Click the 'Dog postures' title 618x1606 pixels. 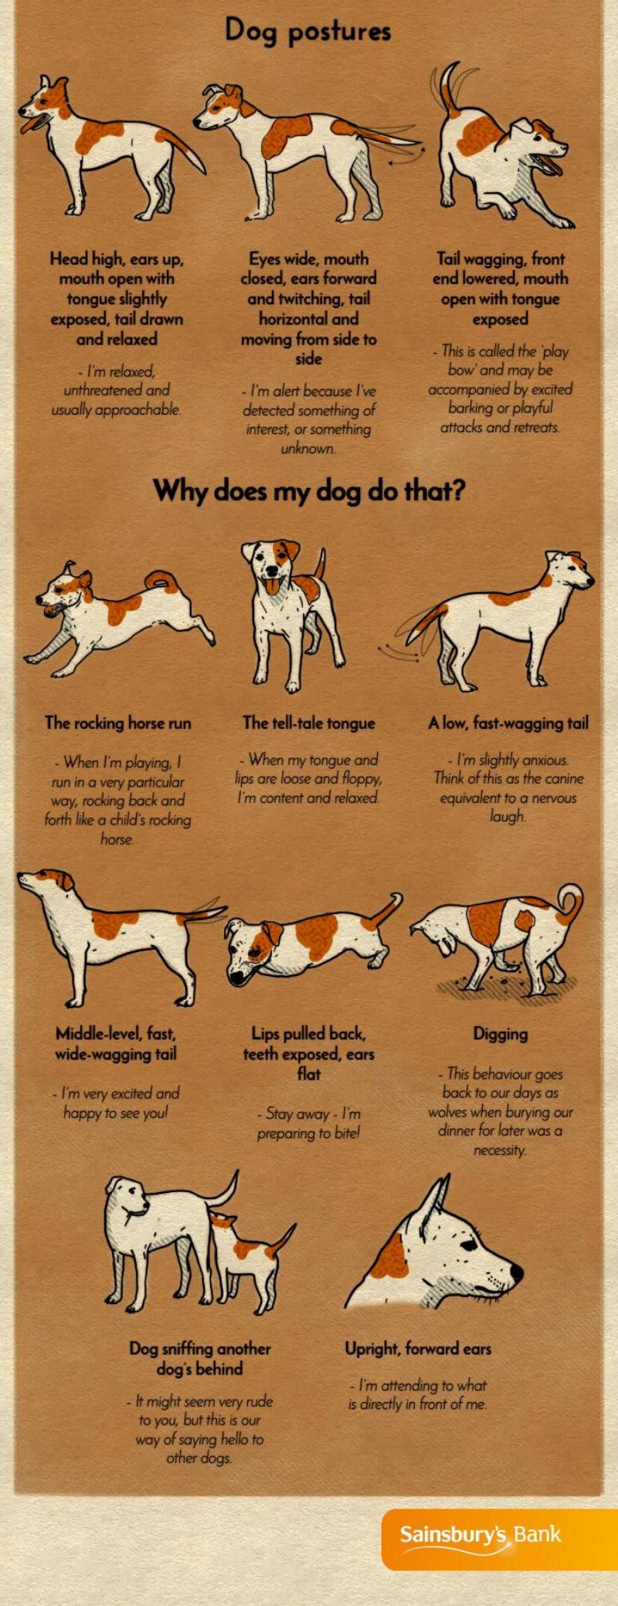[x=308, y=32]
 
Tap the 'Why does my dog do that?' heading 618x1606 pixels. [x=309, y=490]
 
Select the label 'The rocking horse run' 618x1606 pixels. [x=117, y=723]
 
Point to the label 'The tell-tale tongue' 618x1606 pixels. [x=309, y=723]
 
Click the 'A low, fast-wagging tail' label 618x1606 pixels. [x=508, y=723]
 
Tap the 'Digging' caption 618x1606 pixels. [x=501, y=1035]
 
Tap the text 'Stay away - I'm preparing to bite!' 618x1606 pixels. [x=309, y=1123]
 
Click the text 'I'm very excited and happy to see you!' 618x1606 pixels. [x=116, y=1103]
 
